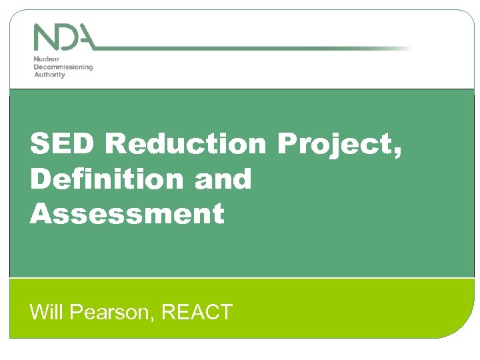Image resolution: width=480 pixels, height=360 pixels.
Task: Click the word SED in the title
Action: click(x=63, y=143)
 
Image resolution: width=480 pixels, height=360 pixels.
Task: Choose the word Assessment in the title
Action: click(x=127, y=214)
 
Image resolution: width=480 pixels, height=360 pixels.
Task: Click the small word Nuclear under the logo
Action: click(x=45, y=59)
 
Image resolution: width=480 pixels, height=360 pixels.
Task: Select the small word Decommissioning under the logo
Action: click(x=63, y=67)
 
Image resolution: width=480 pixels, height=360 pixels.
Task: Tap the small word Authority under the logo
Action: click(x=49, y=74)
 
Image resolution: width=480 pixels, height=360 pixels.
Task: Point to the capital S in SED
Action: click(x=40, y=143)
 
